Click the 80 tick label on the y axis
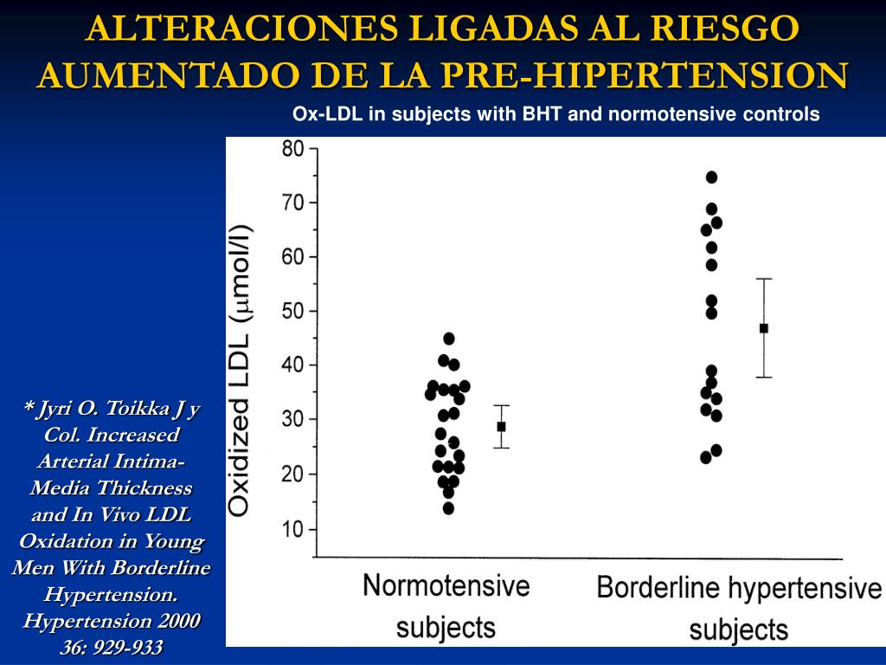pos(293,148)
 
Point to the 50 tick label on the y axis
pos(293,311)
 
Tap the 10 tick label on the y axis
pos(293,528)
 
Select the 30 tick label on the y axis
pos(293,420)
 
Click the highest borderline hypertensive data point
pos(712,178)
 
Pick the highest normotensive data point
pos(448,339)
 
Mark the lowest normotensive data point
pos(448,508)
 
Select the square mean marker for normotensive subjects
pos(501,426)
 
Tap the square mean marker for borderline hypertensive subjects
pos(763,328)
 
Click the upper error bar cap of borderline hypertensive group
pos(763,279)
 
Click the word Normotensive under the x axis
pos(446,585)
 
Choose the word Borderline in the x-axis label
pos(659,589)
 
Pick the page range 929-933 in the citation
pos(127,647)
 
